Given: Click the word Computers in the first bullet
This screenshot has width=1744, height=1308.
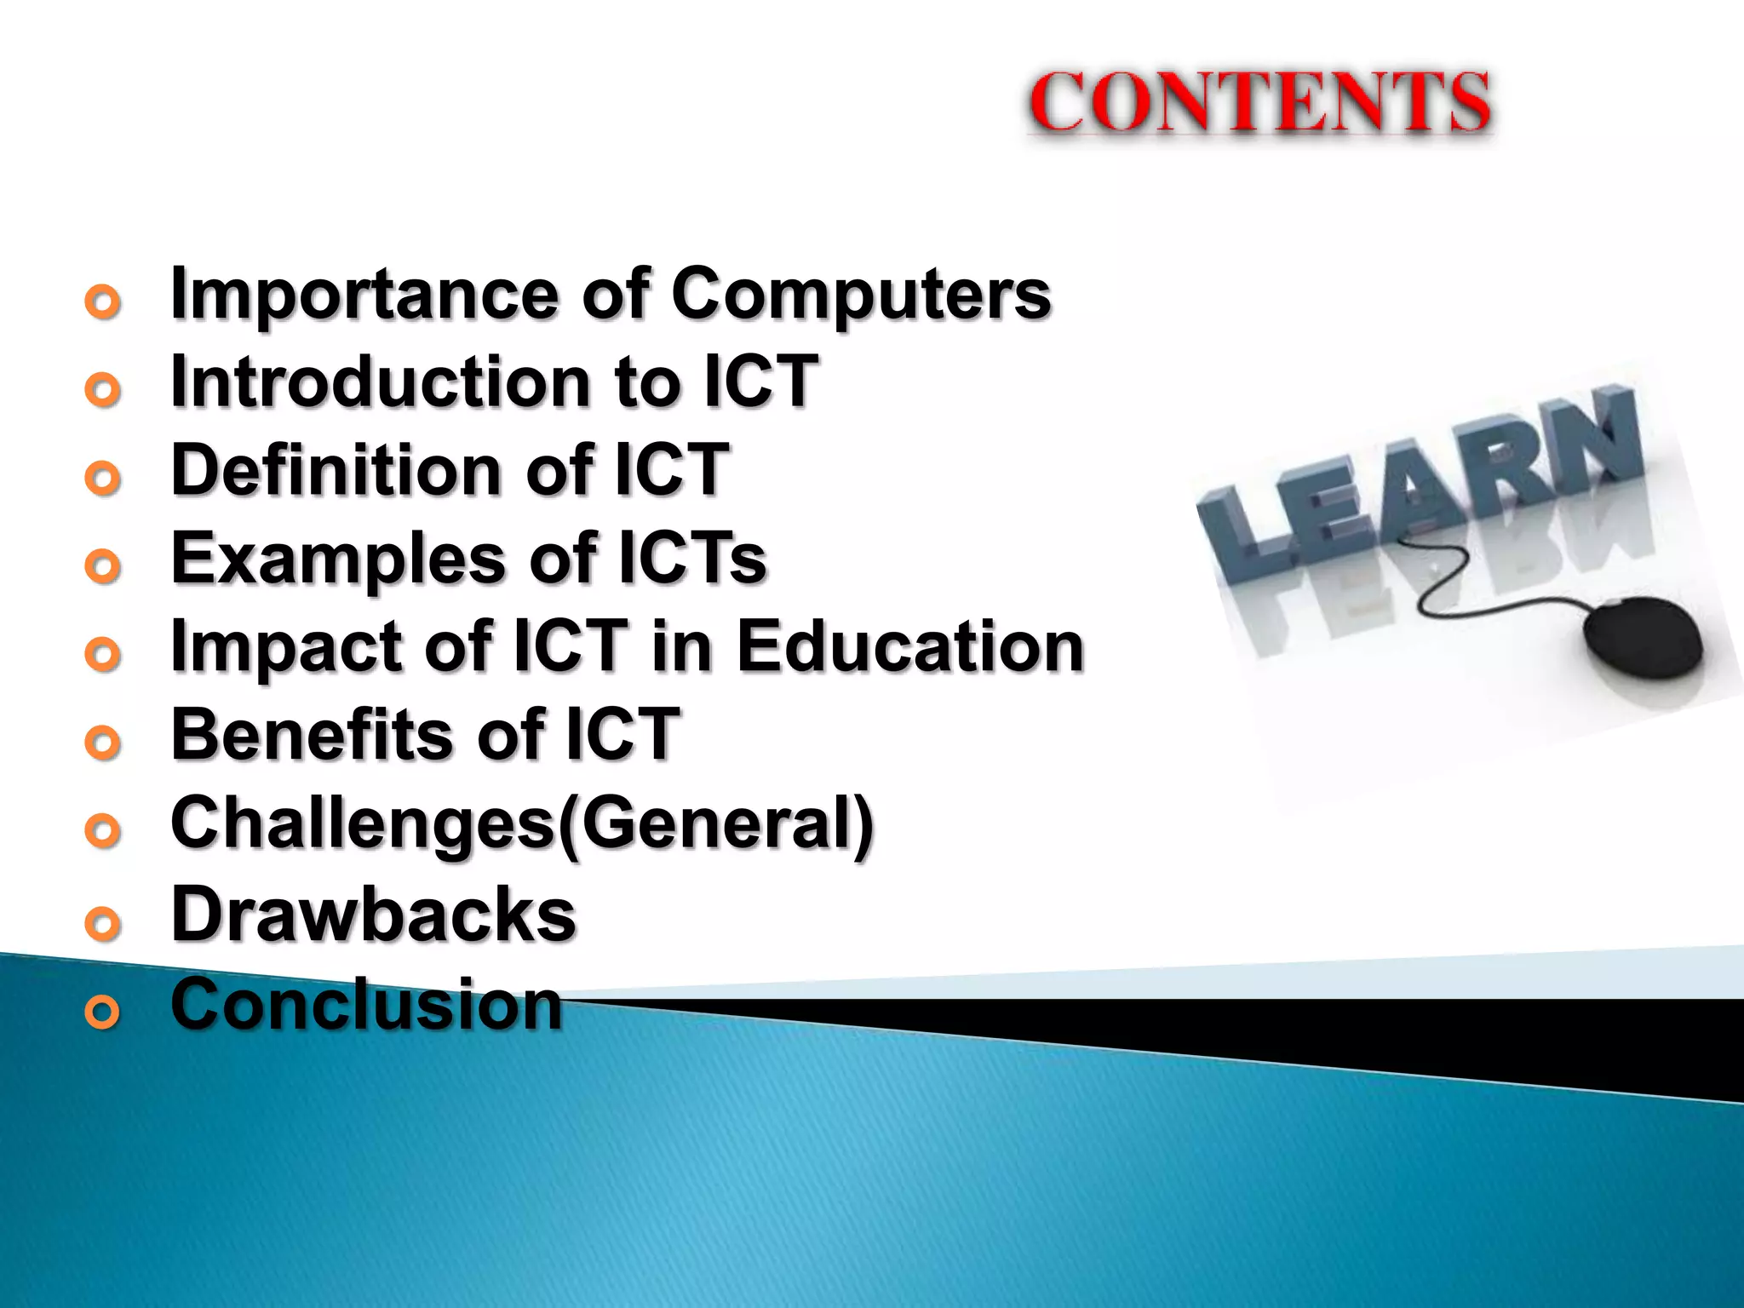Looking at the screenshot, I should [x=861, y=294].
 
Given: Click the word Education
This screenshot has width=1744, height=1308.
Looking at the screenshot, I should [x=910, y=646].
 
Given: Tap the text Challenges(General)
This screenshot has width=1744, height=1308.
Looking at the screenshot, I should [x=522, y=823].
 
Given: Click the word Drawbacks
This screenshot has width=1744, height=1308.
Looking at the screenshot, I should [x=374, y=915].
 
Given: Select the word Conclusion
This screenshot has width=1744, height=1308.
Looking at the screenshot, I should [x=367, y=1005].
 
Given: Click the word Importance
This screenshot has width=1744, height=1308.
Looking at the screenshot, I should [x=364, y=294].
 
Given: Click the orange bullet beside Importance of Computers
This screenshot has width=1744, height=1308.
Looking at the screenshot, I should [x=103, y=302].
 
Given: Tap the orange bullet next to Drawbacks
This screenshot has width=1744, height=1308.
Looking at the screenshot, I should [x=103, y=923].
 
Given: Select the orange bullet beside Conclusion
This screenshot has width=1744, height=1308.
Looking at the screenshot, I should [x=103, y=1012].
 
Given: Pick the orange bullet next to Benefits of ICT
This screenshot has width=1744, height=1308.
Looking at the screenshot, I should [x=103, y=743].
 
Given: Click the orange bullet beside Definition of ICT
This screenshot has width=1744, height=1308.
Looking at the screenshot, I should [x=103, y=479].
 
